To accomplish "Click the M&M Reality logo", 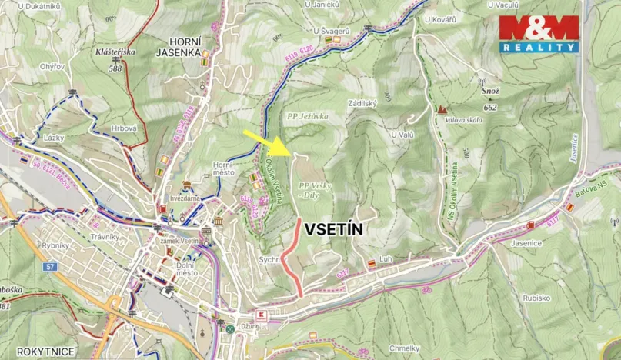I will (539, 33).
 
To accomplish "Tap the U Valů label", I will (402, 135).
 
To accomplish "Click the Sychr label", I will (269, 261).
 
